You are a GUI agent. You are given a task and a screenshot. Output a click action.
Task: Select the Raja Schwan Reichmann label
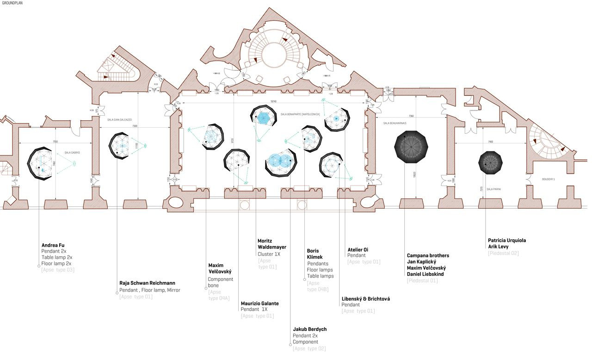(x=147, y=283)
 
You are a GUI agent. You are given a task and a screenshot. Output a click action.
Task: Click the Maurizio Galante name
(x=260, y=304)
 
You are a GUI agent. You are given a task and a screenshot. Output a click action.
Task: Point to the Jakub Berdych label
(x=310, y=329)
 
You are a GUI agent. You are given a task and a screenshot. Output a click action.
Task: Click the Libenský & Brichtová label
(x=366, y=299)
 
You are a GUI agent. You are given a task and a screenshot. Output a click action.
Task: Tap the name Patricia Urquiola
(x=507, y=241)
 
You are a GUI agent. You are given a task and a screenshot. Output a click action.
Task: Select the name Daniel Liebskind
(x=425, y=274)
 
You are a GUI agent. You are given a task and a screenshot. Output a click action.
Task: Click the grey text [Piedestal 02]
(x=503, y=253)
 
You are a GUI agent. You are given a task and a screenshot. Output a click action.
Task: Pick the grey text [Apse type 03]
(x=58, y=270)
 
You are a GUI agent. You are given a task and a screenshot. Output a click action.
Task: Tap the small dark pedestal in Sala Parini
(x=490, y=162)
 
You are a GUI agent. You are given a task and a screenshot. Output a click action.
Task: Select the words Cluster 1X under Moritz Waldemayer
(x=269, y=254)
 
